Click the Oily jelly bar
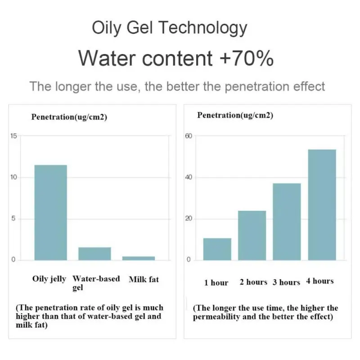(x=50, y=212)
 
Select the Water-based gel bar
(x=94, y=254)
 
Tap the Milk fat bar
(x=139, y=258)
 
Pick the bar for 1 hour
(x=217, y=249)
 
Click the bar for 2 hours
(x=252, y=235)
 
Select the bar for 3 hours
(x=287, y=221)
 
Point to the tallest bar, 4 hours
(x=322, y=205)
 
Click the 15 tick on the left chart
(x=13, y=136)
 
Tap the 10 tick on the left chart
(x=13, y=177)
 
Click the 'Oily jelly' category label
(x=49, y=279)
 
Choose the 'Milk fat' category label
(x=144, y=279)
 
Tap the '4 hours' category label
(x=319, y=281)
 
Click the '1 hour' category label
(x=216, y=283)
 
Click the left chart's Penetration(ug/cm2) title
(x=69, y=117)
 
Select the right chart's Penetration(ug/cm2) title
(x=235, y=115)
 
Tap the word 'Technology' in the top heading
(x=203, y=28)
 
